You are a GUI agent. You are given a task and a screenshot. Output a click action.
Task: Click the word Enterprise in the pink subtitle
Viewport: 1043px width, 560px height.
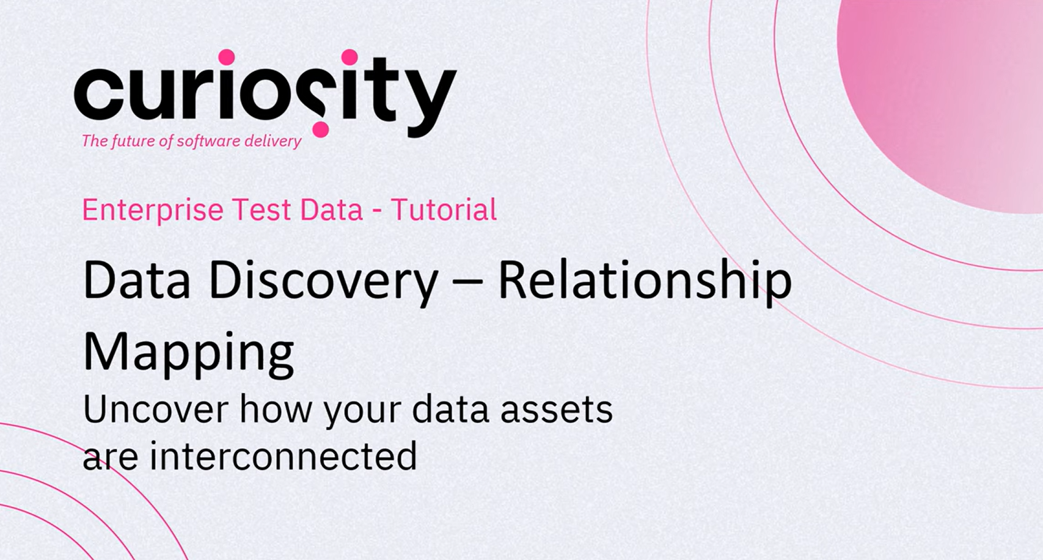153,211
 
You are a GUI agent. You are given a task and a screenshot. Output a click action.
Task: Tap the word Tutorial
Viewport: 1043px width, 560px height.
444,209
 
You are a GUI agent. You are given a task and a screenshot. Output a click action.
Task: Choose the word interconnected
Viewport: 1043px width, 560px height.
283,456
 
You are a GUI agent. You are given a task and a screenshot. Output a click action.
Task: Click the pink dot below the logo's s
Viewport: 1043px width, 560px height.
320,130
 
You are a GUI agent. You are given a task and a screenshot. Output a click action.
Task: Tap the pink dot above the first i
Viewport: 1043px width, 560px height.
227,57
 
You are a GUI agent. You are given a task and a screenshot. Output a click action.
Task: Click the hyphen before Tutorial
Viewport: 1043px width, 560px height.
377,213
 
